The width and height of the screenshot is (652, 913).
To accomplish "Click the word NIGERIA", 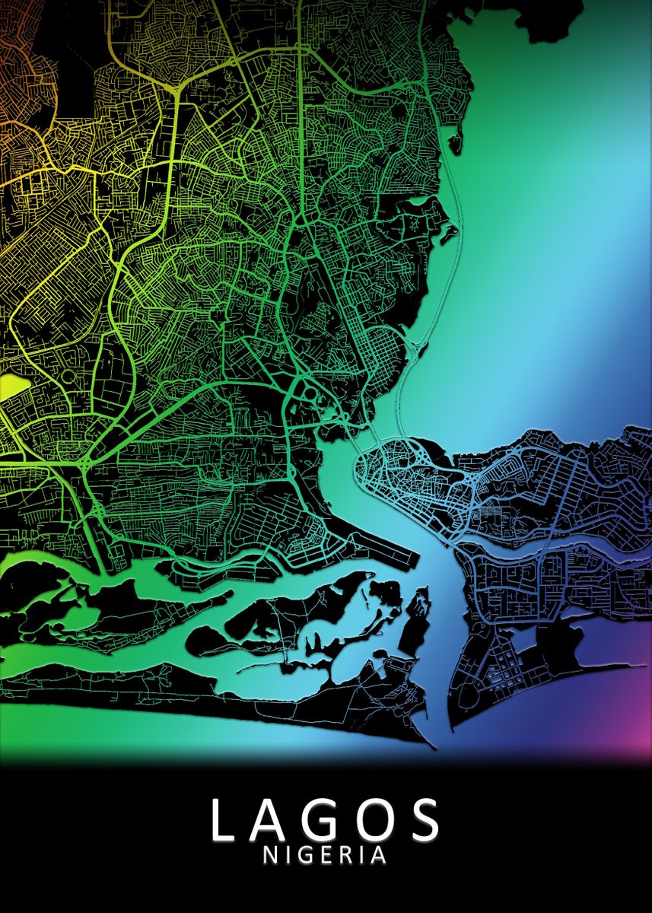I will (x=325, y=855).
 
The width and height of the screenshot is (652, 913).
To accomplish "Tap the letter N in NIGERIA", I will (x=271, y=855).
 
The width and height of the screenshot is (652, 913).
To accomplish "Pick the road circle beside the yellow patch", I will (x=68, y=377).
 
